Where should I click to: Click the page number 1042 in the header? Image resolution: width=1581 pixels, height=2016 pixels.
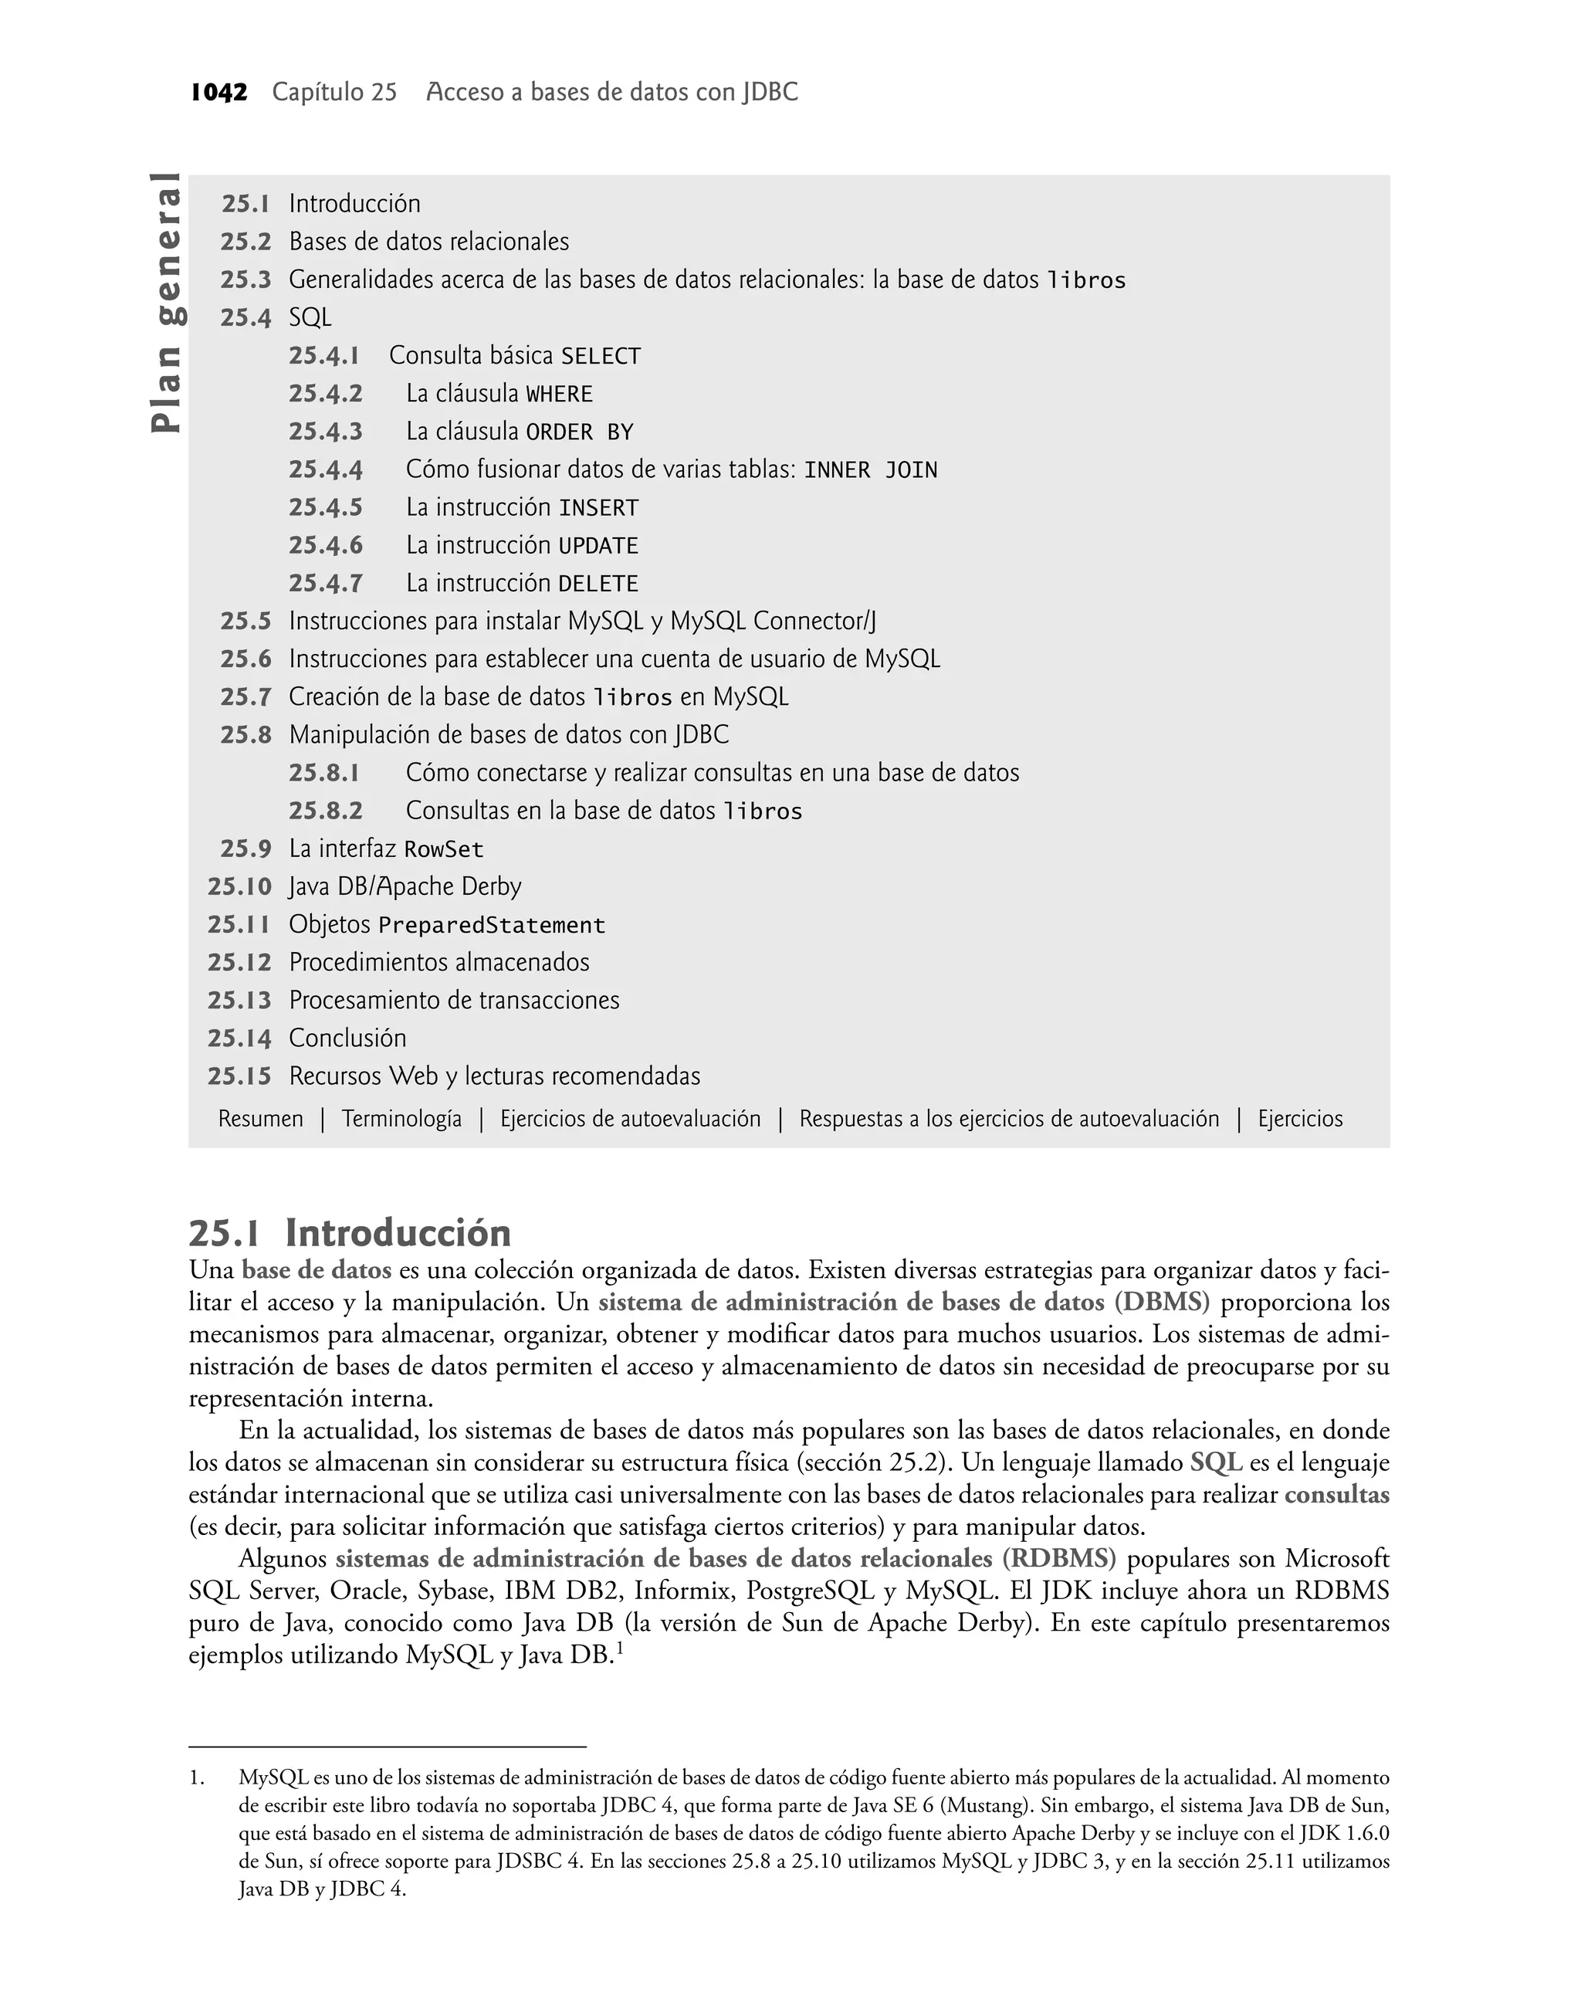point(218,93)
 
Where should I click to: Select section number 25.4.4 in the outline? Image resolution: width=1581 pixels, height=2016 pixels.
point(325,469)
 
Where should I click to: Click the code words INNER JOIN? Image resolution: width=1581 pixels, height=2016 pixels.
point(870,470)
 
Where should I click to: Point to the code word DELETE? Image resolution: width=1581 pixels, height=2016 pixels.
point(598,584)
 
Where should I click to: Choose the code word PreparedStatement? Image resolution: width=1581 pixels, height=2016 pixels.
point(492,926)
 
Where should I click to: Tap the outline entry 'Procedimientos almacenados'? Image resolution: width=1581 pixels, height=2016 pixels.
point(438,963)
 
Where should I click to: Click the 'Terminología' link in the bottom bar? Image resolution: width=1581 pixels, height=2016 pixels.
point(401,1119)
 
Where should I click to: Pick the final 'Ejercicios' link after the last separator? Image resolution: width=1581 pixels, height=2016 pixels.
point(1299,1119)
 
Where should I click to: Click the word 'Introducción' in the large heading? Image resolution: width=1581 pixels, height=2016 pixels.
point(398,1233)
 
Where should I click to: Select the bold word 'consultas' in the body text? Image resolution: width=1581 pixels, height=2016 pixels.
point(1336,1495)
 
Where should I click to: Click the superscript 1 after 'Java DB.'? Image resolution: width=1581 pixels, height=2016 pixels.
point(619,1648)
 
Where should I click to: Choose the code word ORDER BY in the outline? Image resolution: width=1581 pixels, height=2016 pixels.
point(580,432)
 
